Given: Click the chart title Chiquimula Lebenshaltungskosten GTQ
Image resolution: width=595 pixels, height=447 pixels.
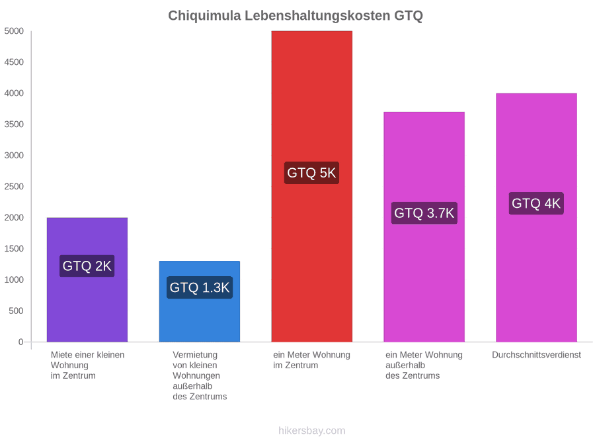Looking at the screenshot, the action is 296,16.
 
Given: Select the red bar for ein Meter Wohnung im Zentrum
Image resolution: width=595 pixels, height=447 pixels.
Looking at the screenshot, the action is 311,186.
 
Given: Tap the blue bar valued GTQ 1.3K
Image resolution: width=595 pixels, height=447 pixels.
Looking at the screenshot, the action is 200,301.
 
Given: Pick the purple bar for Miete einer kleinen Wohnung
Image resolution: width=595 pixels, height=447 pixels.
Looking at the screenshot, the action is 87,279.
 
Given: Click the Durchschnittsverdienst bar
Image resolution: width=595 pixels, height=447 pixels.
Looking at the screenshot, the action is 536,217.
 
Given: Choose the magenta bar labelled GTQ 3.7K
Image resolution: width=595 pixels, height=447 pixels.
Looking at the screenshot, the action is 424,227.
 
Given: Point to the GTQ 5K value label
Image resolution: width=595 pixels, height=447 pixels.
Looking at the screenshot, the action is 311,173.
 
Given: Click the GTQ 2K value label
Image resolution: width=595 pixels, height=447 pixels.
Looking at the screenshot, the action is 87,266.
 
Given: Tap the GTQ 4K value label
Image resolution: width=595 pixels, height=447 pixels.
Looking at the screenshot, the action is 536,203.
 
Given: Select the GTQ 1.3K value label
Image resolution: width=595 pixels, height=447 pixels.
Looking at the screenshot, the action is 200,287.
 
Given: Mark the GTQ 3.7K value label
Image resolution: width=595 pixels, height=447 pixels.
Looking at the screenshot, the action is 424,213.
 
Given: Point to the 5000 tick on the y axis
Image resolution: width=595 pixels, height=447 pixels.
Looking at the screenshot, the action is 14,30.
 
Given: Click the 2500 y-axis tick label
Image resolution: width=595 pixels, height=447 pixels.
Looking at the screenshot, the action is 14,186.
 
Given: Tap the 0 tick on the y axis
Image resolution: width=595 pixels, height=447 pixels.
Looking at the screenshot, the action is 21,342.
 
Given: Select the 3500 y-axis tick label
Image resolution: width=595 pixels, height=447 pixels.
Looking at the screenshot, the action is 14,124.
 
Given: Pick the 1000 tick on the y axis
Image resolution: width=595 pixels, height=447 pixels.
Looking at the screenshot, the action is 14,279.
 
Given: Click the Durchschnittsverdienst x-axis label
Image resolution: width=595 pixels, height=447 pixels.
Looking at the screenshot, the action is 536,355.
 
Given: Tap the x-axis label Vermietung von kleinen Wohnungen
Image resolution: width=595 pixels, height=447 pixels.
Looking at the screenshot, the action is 200,375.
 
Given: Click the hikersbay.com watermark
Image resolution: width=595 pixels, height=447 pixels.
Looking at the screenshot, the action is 311,430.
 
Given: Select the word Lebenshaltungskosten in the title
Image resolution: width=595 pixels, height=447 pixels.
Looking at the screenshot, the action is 317,16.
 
